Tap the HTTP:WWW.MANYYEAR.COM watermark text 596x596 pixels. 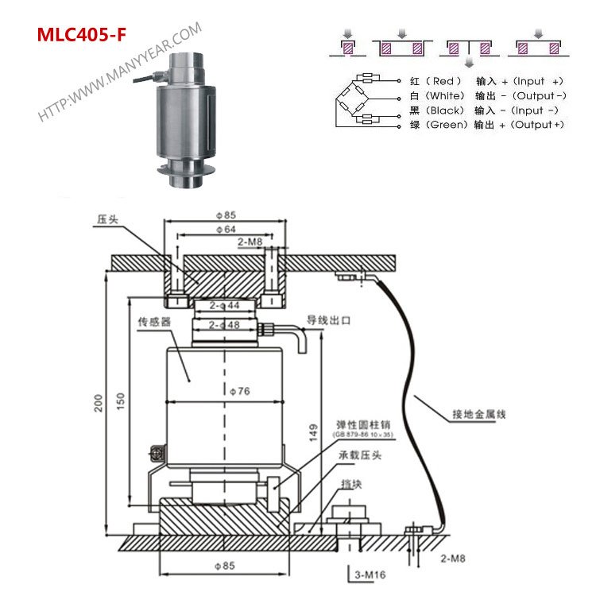[x=119, y=72]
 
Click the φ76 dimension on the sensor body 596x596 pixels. [x=225, y=391]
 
